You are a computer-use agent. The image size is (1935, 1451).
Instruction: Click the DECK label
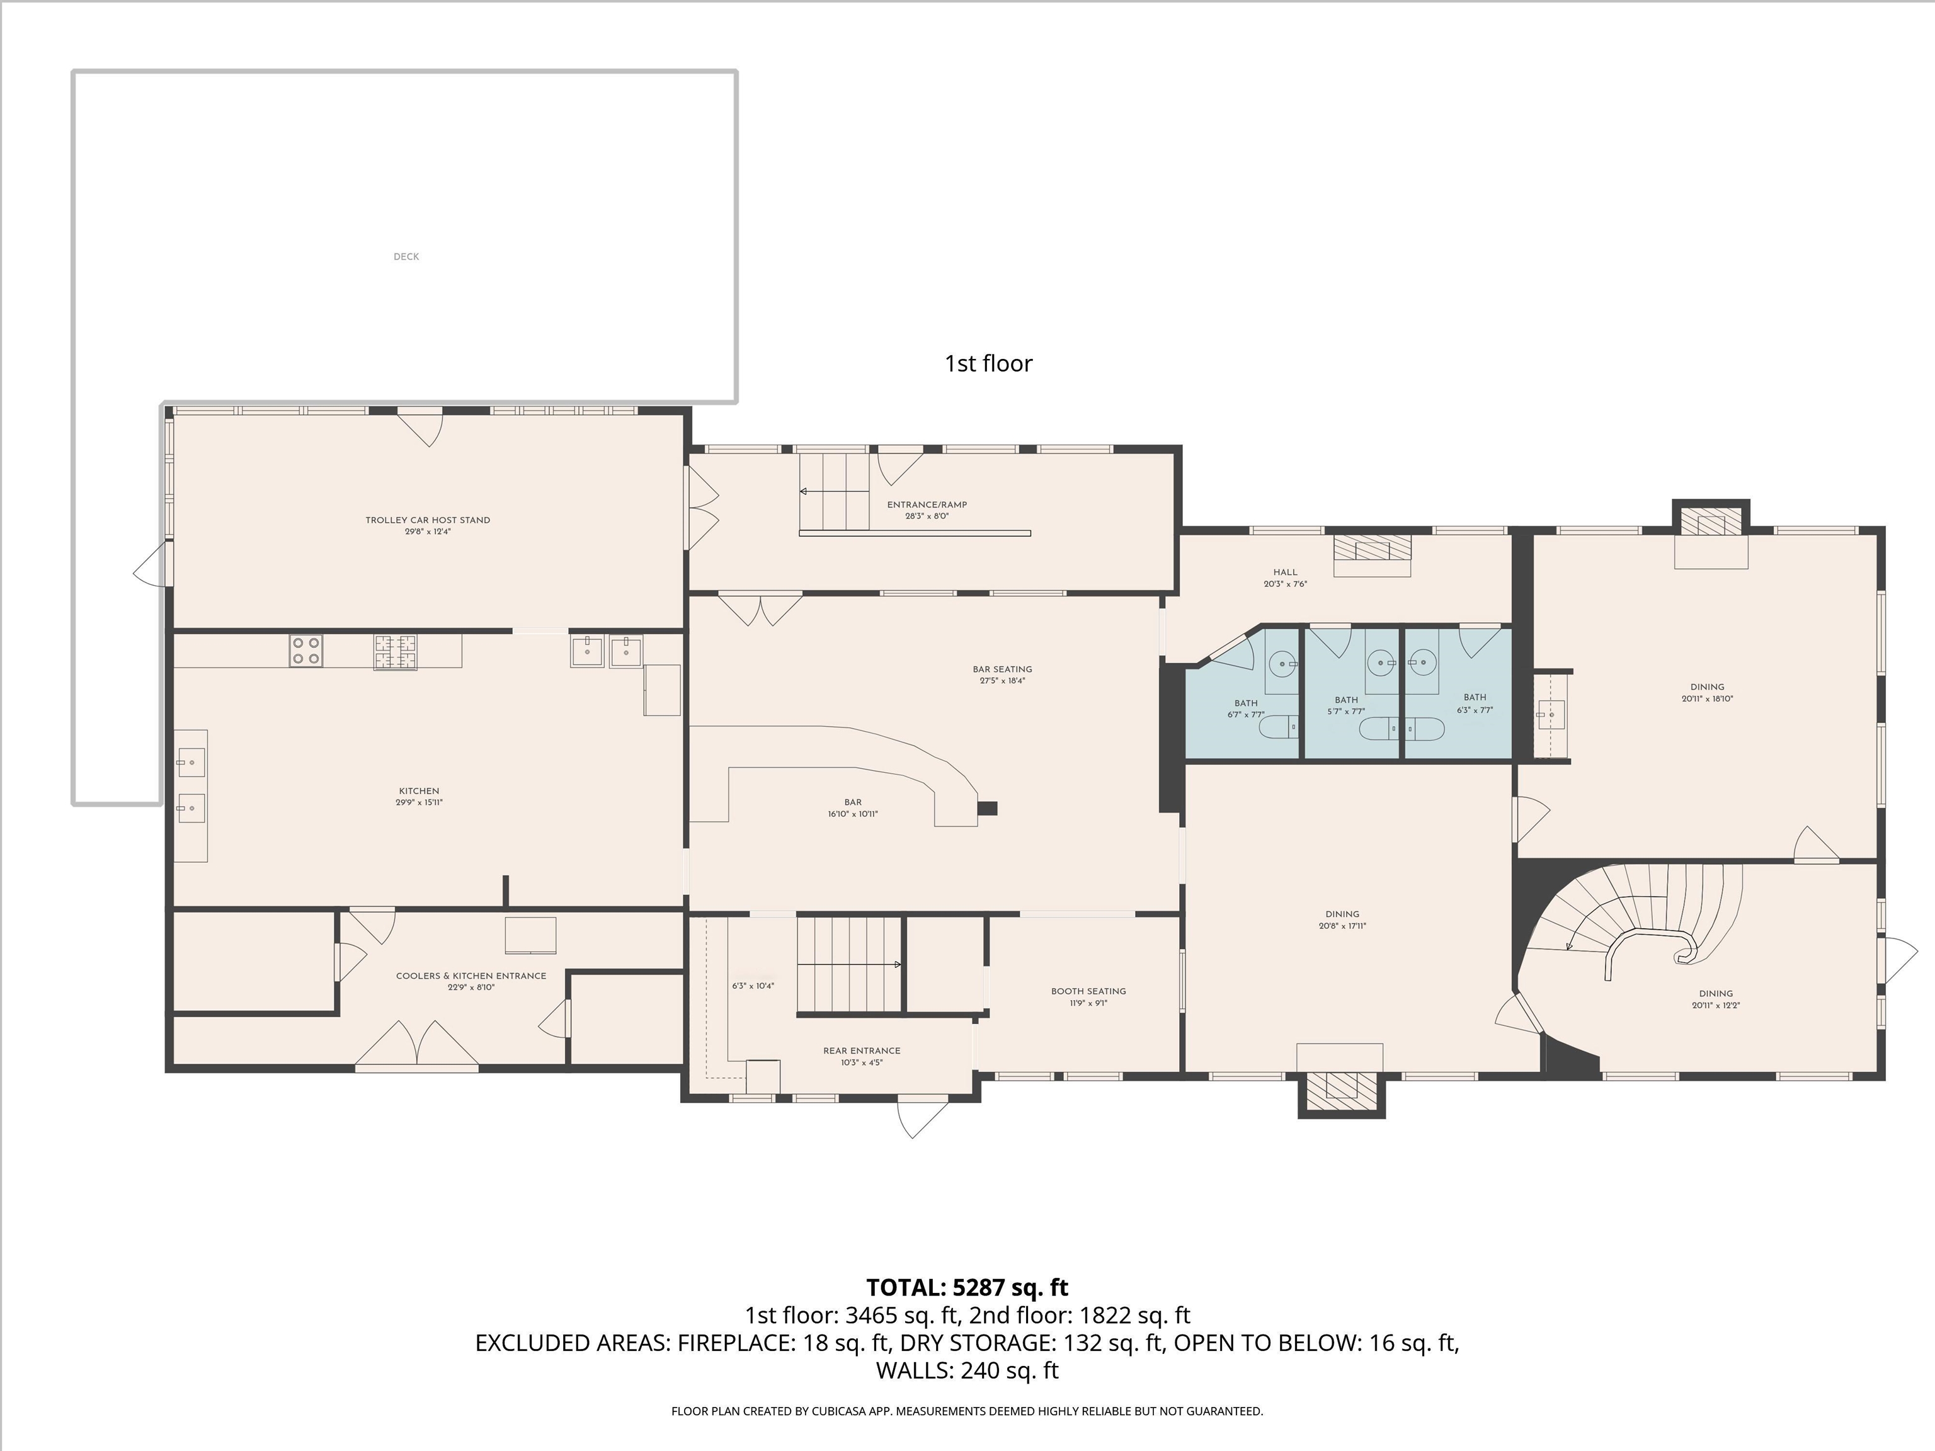tap(406, 256)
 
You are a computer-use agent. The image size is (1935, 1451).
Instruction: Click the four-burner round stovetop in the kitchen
tap(306, 651)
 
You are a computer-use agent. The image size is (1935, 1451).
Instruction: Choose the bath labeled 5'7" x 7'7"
tap(1346, 705)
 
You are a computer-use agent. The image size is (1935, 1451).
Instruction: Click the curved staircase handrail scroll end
tap(1683, 953)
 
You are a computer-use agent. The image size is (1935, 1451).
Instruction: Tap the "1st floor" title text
tap(988, 364)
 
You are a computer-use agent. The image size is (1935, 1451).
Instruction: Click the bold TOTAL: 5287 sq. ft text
tap(967, 1287)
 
